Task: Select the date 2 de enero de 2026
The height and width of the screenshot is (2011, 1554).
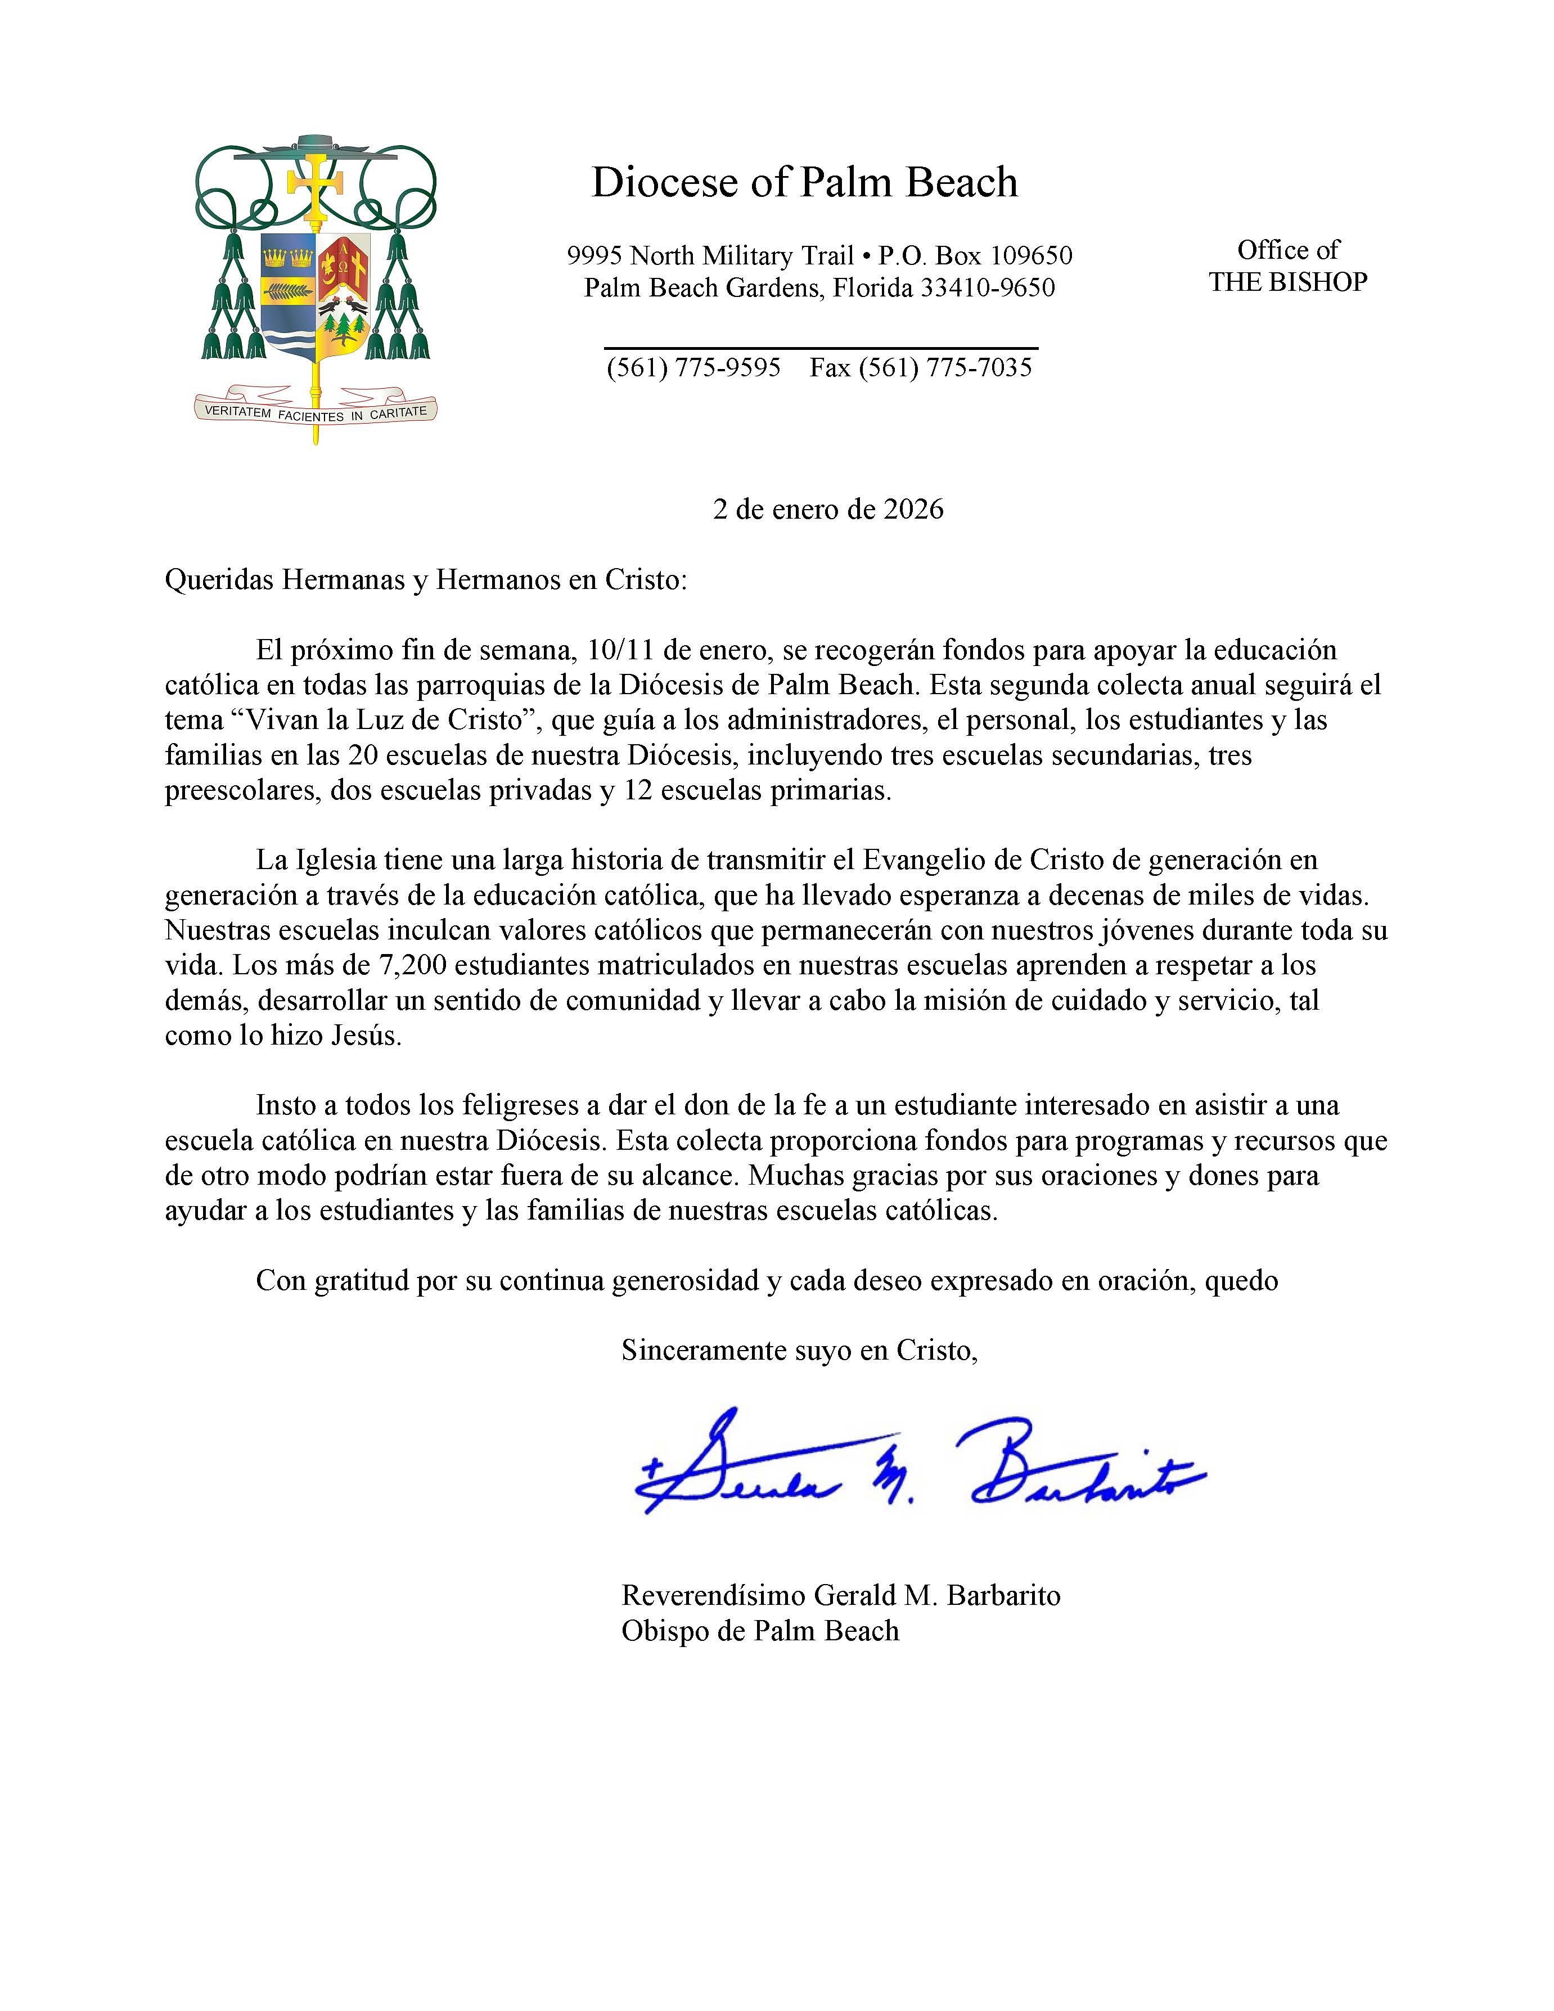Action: click(x=828, y=509)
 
